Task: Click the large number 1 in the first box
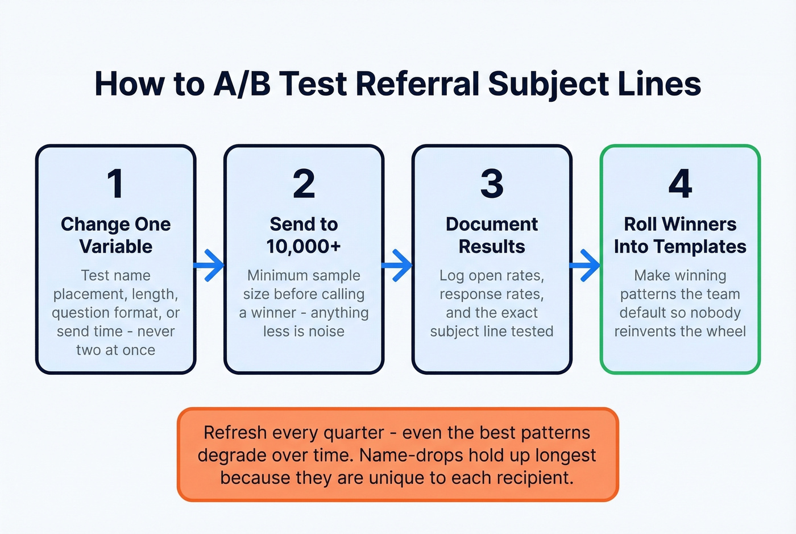[x=115, y=184]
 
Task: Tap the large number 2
[x=304, y=184]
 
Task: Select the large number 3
[x=492, y=184]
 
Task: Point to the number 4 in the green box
[x=680, y=184]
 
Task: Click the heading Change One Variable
[x=115, y=235]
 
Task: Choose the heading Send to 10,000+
[x=304, y=235]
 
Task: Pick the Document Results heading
[x=492, y=235]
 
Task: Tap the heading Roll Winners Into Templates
[x=680, y=235]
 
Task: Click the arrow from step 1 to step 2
[x=210, y=265]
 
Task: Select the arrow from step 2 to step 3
[x=398, y=265]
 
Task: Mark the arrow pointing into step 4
[x=586, y=265]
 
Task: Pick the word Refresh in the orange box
[x=234, y=433]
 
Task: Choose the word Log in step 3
[x=451, y=276]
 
